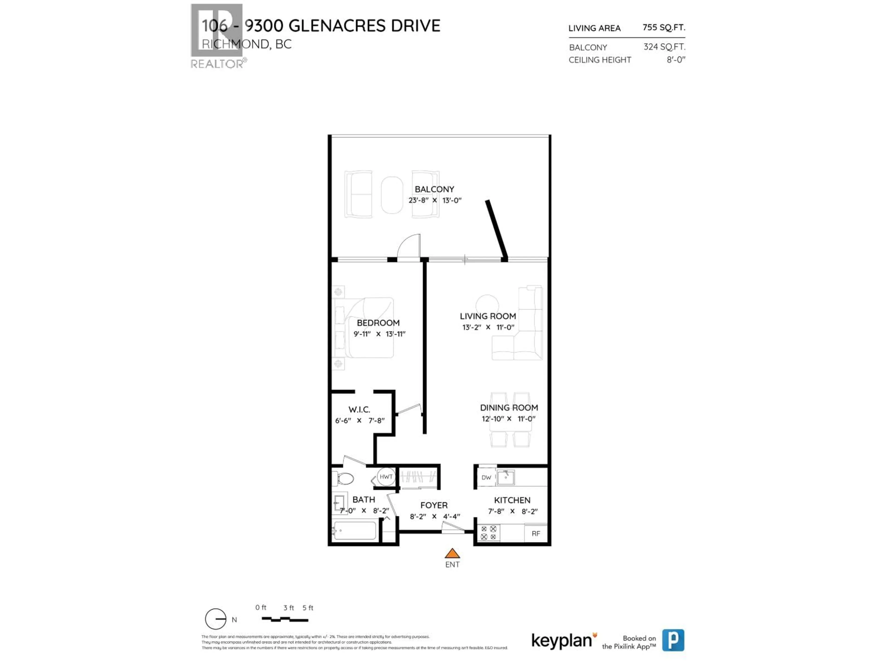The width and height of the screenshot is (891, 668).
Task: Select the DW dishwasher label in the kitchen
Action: click(486, 478)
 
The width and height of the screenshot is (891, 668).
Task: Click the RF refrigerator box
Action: click(536, 533)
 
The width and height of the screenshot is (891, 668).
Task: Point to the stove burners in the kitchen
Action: click(488, 533)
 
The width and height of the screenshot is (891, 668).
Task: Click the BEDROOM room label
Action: click(378, 323)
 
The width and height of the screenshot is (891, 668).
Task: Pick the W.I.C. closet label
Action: click(359, 409)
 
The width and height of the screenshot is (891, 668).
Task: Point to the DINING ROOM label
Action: click(509, 408)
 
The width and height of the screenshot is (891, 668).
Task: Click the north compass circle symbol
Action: click(216, 619)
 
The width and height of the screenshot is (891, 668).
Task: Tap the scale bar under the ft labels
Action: click(285, 620)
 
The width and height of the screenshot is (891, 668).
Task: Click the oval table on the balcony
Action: click(392, 195)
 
